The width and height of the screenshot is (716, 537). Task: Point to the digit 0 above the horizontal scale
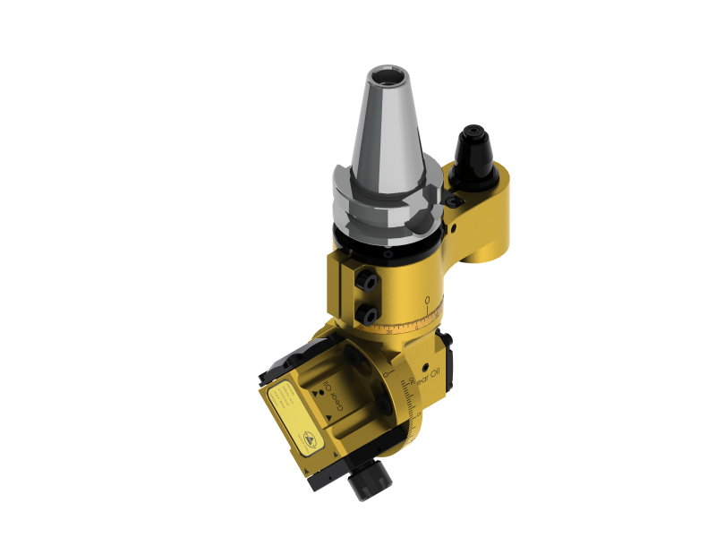tap(428, 299)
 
